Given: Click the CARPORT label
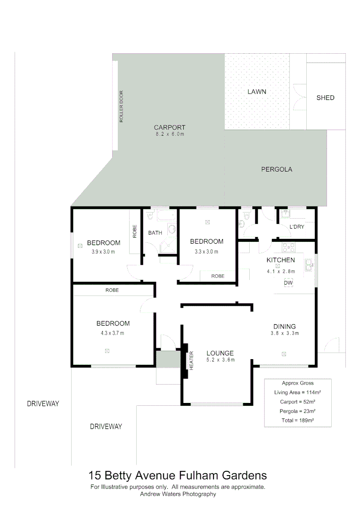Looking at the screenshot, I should click(x=170, y=127).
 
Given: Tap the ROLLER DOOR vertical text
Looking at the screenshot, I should click(x=121, y=107).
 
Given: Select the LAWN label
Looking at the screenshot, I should click(x=257, y=91).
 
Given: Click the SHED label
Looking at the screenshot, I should click(x=325, y=98).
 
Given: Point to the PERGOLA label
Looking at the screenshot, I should click(x=277, y=169).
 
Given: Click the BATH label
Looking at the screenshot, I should click(x=155, y=233).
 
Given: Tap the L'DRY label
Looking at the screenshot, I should click(x=297, y=227).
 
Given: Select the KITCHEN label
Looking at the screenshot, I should click(x=280, y=260).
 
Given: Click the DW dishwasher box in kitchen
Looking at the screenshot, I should click(x=288, y=282).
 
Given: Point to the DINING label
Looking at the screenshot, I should click(x=285, y=326).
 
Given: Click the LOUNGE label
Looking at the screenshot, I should click(x=220, y=353).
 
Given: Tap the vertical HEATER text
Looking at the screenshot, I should click(x=192, y=361).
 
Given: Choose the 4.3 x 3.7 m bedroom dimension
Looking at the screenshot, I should click(x=113, y=333).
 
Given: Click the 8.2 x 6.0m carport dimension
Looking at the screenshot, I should click(x=170, y=134).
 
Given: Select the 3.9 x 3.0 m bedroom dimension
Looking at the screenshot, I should click(x=103, y=252).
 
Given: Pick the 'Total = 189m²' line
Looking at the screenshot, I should click(x=297, y=420).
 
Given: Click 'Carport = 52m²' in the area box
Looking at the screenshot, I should click(x=297, y=402).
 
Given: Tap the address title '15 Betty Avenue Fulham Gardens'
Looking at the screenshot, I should click(x=178, y=476).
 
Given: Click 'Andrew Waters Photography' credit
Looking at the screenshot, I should click(x=178, y=494).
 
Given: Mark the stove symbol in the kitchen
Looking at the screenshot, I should click(x=288, y=247).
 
